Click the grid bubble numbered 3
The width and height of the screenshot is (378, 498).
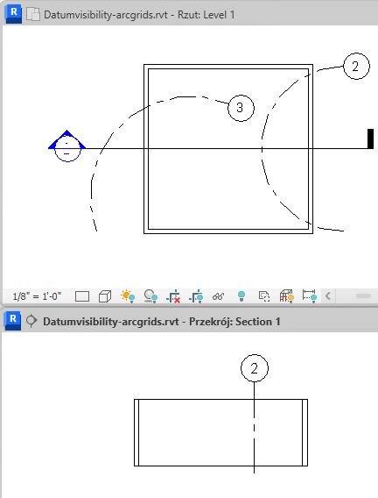(241, 108)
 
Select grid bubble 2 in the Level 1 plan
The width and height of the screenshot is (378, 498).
(356, 66)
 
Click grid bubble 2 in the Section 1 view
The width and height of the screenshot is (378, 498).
(255, 368)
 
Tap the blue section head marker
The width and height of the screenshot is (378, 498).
(66, 146)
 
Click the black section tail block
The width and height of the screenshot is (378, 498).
(370, 139)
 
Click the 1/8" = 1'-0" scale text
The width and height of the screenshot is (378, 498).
(37, 296)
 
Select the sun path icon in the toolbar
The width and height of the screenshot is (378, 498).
(128, 296)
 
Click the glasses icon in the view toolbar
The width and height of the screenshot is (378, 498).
(218, 296)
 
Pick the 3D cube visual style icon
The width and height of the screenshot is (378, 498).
(105, 296)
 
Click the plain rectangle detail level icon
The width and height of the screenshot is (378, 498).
(82, 296)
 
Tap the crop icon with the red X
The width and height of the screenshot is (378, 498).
(173, 296)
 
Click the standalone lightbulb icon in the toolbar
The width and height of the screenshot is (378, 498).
(241, 296)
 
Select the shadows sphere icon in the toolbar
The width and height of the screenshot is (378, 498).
(150, 296)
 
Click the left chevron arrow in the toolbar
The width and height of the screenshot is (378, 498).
(328, 296)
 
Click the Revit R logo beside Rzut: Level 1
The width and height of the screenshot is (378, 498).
(13, 15)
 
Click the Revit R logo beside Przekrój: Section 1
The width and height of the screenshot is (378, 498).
(12, 321)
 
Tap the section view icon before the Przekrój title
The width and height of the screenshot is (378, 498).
(31, 321)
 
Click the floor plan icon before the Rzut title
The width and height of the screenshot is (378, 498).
(33, 15)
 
